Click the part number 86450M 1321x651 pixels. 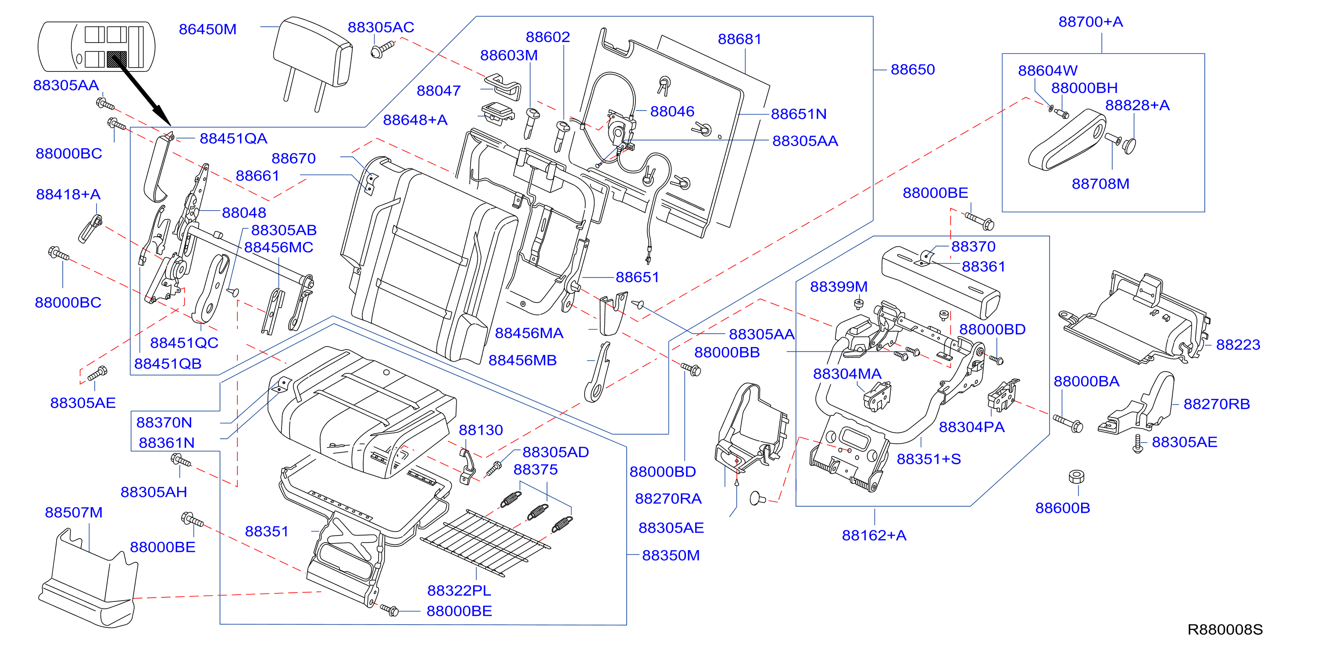pyautogui.click(x=208, y=29)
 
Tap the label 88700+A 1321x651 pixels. pyautogui.click(x=1091, y=21)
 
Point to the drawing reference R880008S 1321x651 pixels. pyautogui.click(x=1225, y=630)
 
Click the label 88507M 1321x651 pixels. pyautogui.click(x=74, y=512)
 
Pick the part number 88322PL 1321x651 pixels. pyautogui.click(x=459, y=590)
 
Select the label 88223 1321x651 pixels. pyautogui.click(x=1238, y=344)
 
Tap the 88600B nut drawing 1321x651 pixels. pyautogui.click(x=1076, y=476)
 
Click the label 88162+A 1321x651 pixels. pyautogui.click(x=874, y=535)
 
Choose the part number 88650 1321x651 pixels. pyautogui.click(x=913, y=69)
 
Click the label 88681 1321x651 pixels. pyautogui.click(x=739, y=39)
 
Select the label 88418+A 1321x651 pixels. pyautogui.click(x=68, y=194)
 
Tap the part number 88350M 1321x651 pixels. pyautogui.click(x=671, y=555)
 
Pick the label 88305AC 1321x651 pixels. pyautogui.click(x=381, y=27)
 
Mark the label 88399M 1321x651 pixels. pyautogui.click(x=839, y=286)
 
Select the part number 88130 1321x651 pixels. pyautogui.click(x=481, y=430)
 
